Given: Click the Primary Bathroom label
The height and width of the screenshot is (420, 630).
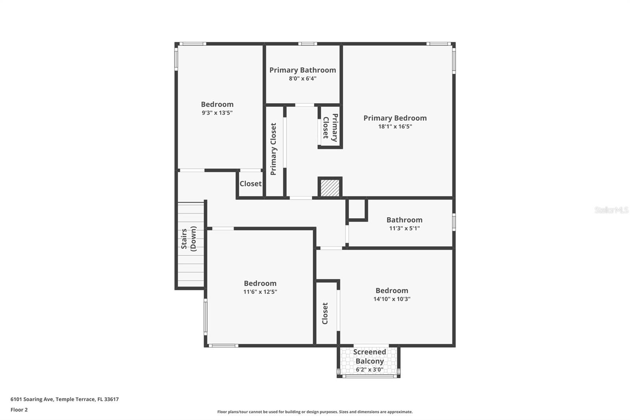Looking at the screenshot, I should [x=302, y=70].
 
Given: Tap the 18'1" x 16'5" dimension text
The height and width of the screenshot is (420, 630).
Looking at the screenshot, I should [x=395, y=126].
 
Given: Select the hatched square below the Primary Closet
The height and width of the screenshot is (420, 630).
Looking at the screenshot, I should [x=330, y=188].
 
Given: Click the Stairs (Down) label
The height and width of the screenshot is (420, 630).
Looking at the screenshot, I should [x=189, y=239].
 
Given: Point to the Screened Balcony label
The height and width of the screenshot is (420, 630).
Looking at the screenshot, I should [x=369, y=356].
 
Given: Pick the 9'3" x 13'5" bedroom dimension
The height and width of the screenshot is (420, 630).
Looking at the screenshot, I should [x=217, y=113].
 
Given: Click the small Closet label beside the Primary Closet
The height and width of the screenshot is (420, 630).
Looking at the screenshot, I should [x=250, y=184].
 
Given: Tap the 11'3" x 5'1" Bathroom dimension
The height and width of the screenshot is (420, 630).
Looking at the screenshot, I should [x=404, y=228].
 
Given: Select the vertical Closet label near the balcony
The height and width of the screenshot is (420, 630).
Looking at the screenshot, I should [x=325, y=313].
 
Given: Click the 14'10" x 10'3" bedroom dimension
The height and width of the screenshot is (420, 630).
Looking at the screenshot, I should [x=392, y=299].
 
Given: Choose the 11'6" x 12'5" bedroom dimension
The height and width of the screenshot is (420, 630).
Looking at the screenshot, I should [x=260, y=292].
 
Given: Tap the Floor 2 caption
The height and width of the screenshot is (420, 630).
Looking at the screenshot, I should [x=19, y=410].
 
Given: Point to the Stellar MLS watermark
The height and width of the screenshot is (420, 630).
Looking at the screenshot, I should [x=611, y=210].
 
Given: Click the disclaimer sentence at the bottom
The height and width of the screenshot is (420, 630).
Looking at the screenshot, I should [x=315, y=412].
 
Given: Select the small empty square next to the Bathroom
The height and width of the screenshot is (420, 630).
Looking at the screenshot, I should [x=357, y=209].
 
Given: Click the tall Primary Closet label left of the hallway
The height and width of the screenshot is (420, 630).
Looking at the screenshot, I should [x=273, y=149].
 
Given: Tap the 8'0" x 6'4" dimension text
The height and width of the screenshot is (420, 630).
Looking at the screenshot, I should [x=302, y=78].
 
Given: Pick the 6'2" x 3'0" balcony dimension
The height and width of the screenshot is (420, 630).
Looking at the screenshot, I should [x=369, y=370].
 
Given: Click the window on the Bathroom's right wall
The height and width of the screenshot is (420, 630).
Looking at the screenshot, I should [x=454, y=222].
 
